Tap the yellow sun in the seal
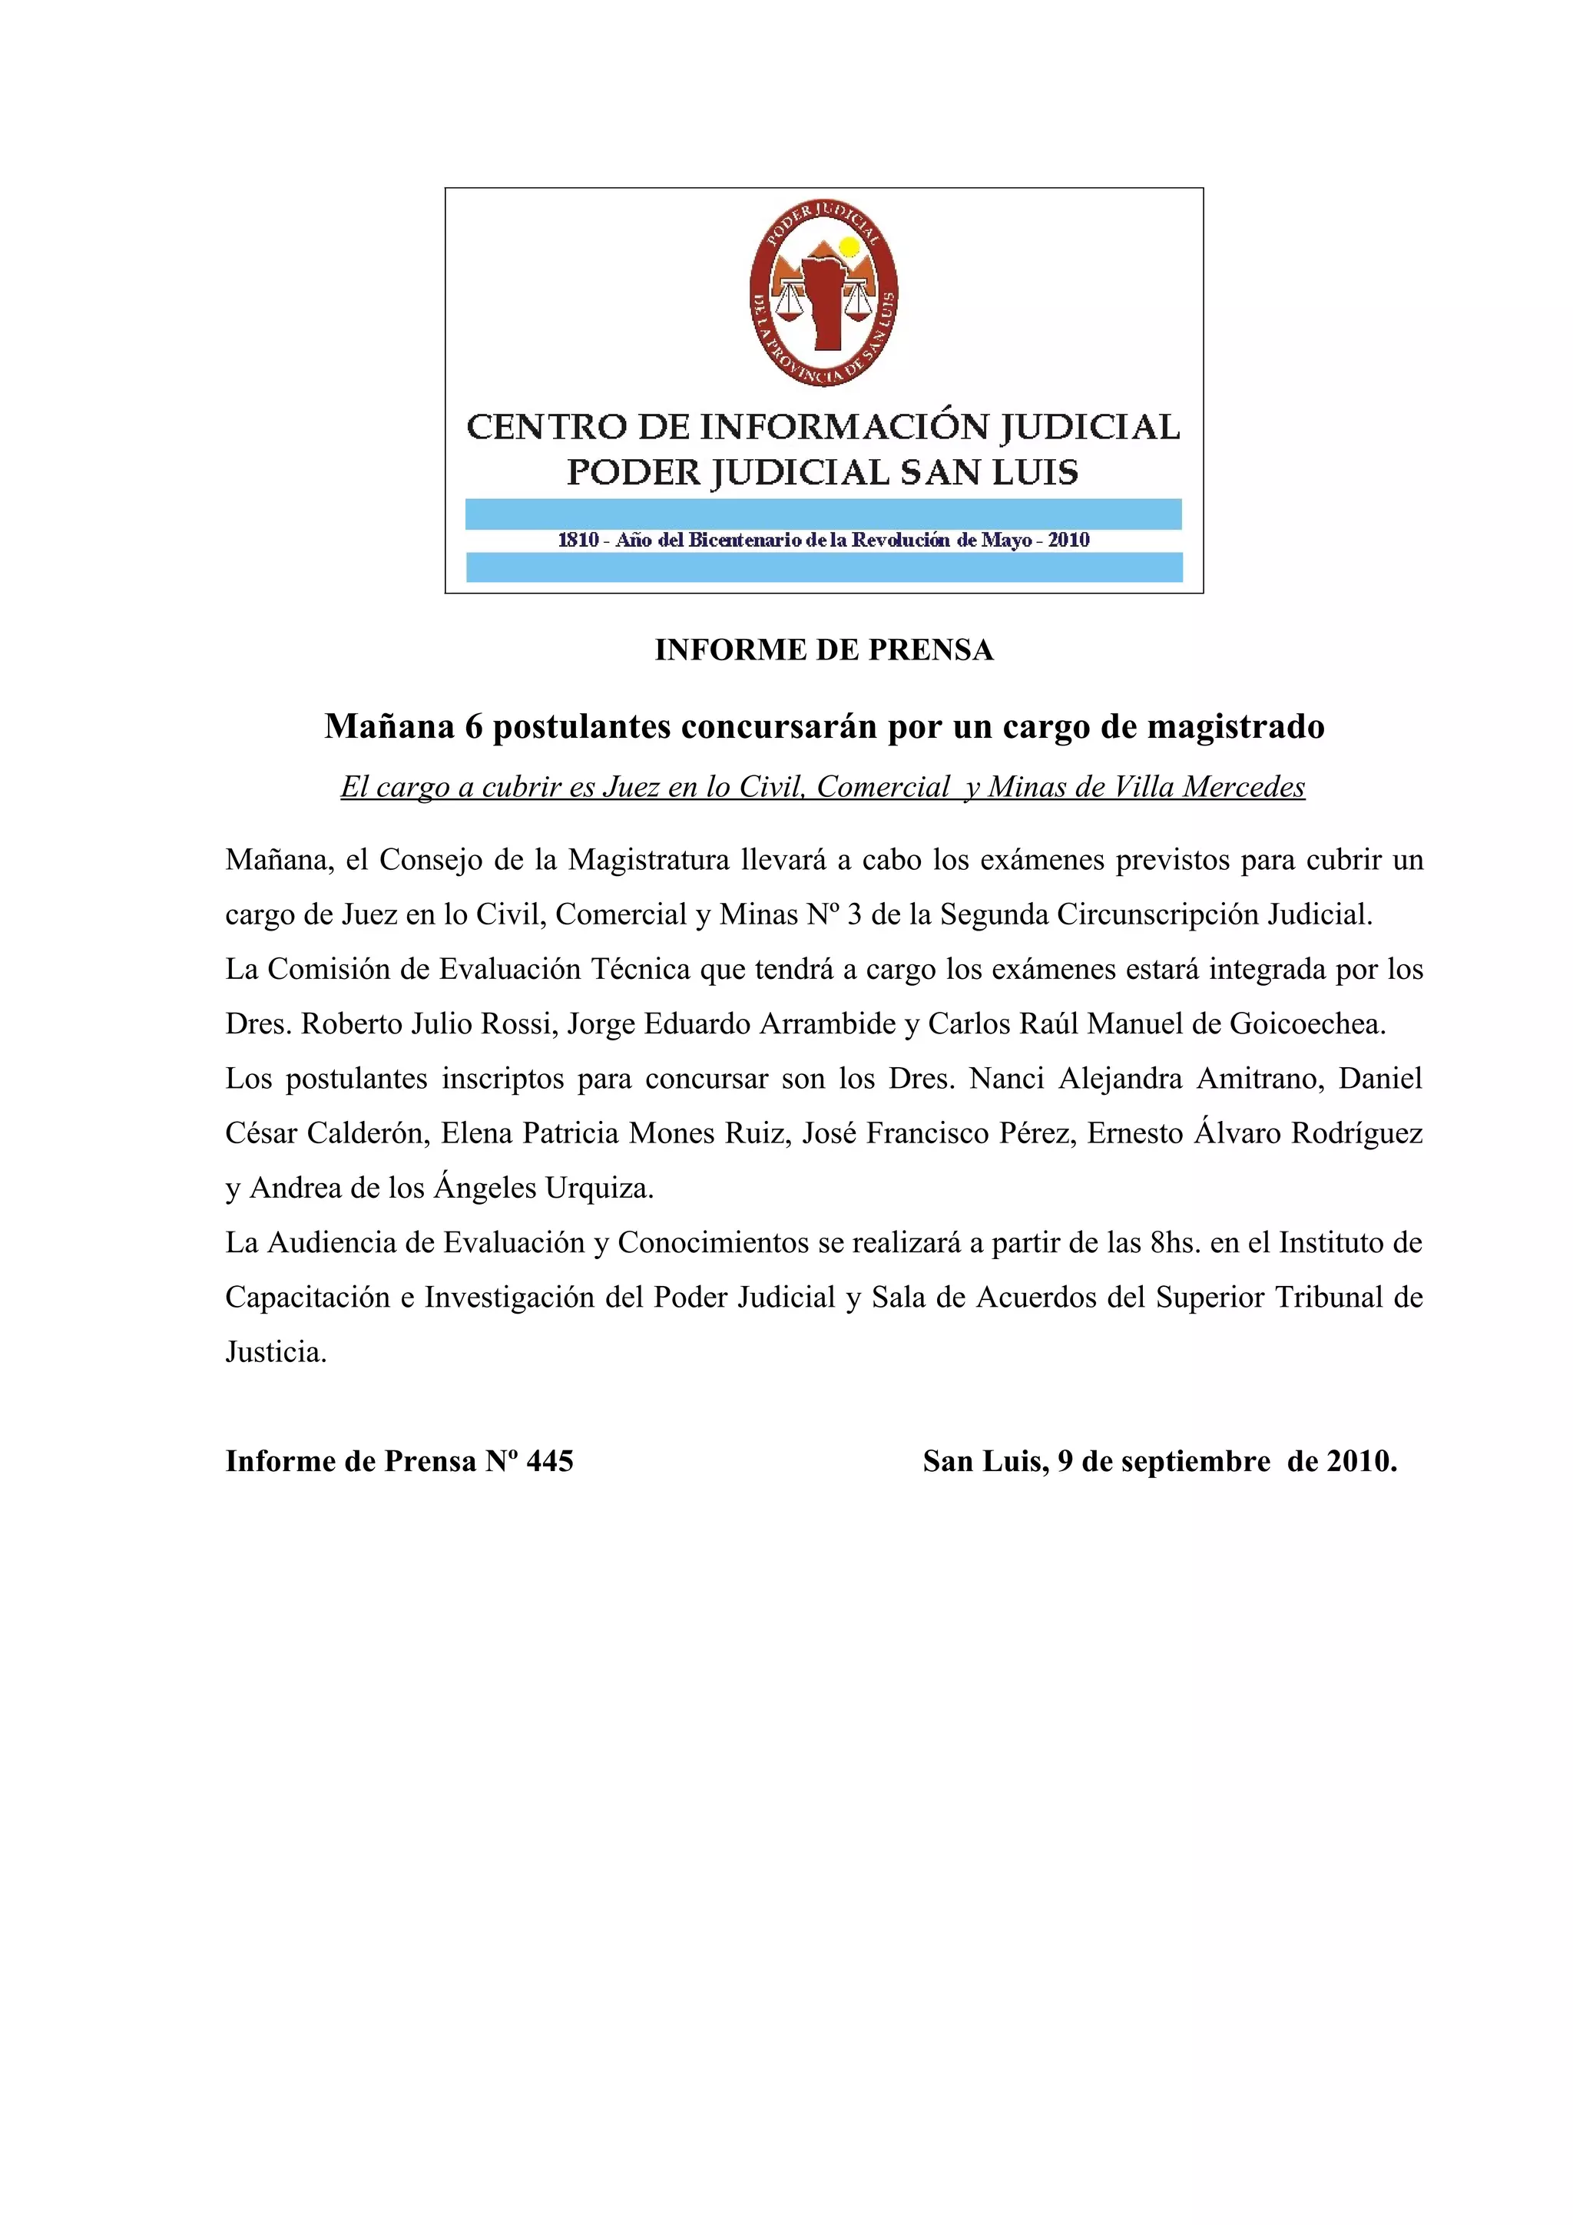point(849,247)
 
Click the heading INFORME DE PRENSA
point(824,650)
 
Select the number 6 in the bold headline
point(473,726)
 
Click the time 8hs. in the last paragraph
point(1174,1242)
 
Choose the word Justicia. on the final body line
point(277,1352)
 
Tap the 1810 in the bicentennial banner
point(578,540)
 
